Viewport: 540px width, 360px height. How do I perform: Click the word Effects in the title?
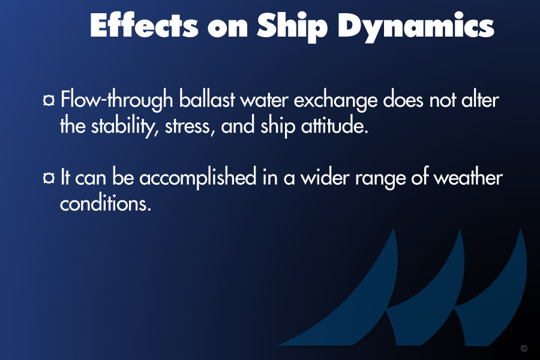[x=144, y=25]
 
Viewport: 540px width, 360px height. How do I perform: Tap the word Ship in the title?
[x=292, y=27]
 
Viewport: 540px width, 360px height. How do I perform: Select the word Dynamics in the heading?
[x=416, y=27]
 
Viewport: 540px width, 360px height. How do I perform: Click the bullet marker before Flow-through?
[x=49, y=100]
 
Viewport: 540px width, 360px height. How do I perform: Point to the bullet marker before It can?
[x=49, y=178]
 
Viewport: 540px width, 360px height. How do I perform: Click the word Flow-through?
[x=117, y=100]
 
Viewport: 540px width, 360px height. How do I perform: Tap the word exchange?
[x=336, y=100]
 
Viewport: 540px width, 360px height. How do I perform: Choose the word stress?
[x=190, y=127]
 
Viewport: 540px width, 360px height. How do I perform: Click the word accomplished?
[x=198, y=178]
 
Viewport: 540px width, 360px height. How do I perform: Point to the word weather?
[x=468, y=177]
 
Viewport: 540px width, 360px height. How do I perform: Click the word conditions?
[x=106, y=203]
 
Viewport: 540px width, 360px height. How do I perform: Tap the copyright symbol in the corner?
[x=524, y=348]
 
